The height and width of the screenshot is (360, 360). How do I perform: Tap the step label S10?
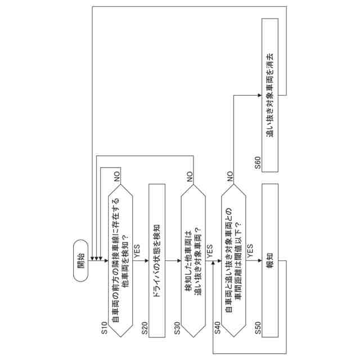tap(103, 330)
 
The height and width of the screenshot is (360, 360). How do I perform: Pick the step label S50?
tap(257, 330)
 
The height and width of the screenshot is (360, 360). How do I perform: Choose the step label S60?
tap(257, 163)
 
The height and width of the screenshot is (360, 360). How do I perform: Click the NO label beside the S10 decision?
tap(118, 175)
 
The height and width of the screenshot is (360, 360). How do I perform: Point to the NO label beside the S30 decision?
tap(190, 175)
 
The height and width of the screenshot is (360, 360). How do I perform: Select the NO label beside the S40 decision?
tap(230, 175)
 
